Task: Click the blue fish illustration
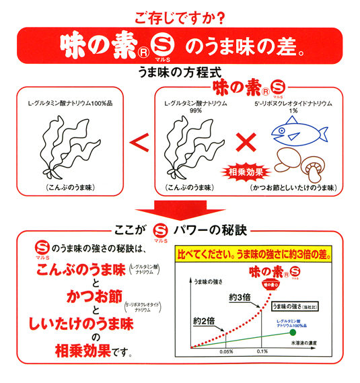(x=299, y=131)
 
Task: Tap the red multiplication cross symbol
(x=246, y=143)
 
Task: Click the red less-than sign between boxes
(x=139, y=143)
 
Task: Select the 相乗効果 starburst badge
(x=246, y=172)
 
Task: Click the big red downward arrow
(x=180, y=210)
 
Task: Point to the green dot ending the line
(x=293, y=333)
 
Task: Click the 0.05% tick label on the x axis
(x=226, y=352)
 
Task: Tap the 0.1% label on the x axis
(x=262, y=351)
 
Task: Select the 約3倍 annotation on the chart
(x=240, y=298)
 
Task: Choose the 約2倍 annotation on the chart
(x=204, y=320)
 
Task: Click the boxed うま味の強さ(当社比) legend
(x=295, y=306)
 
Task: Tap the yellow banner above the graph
(x=254, y=254)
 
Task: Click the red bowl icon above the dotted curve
(x=271, y=285)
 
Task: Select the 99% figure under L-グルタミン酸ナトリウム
(x=196, y=110)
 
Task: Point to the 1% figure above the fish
(x=293, y=110)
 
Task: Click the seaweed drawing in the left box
(x=70, y=147)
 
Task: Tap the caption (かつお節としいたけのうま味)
(x=293, y=188)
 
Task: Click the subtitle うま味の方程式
(x=180, y=72)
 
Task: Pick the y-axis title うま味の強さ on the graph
(x=208, y=282)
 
